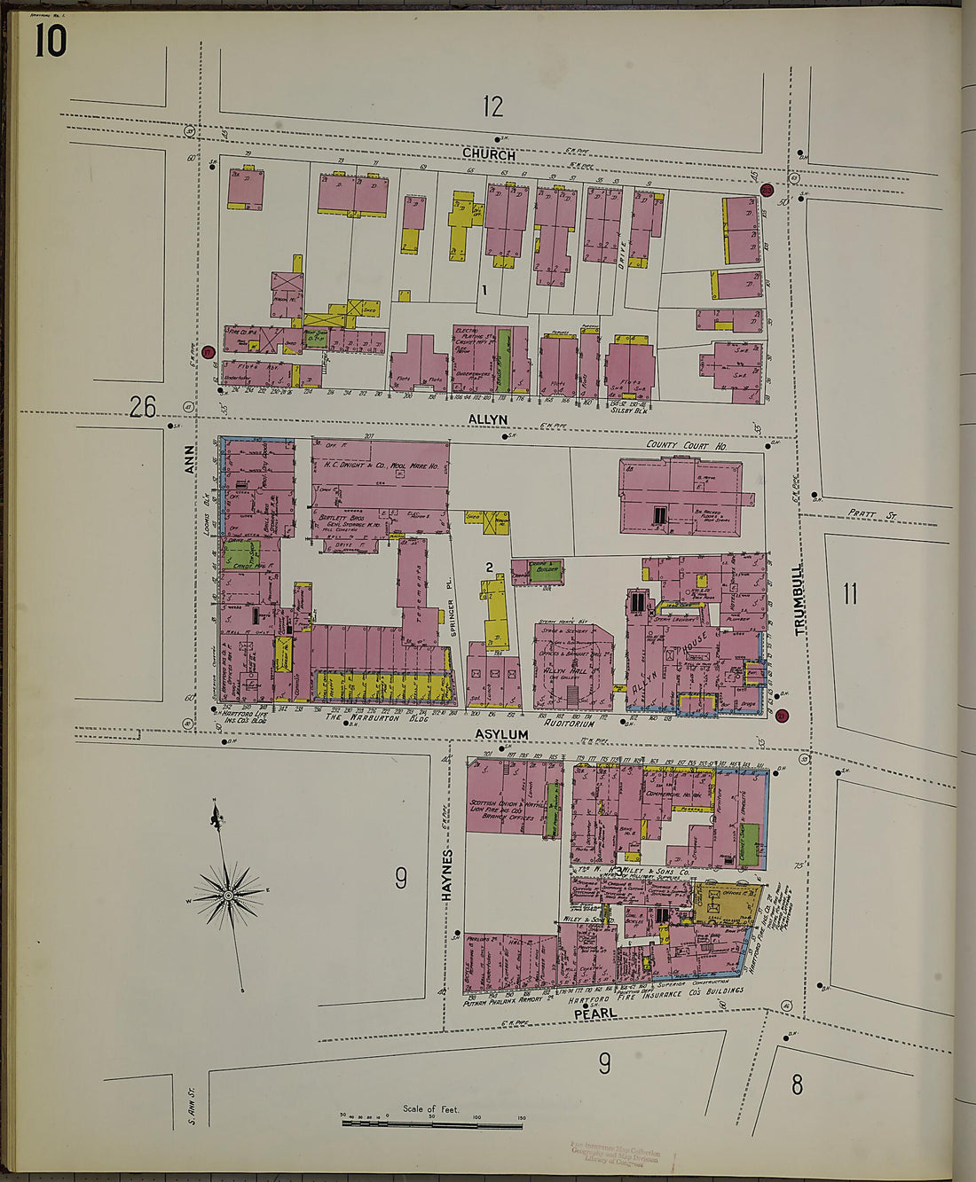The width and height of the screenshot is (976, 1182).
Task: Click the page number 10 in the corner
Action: click(51, 41)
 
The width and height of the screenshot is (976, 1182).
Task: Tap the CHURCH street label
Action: click(489, 153)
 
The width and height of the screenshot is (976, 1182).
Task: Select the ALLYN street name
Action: click(489, 419)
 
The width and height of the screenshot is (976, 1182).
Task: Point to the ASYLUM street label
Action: click(501, 734)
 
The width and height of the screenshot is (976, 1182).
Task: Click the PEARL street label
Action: click(594, 1013)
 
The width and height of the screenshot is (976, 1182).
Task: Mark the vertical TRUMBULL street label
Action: click(800, 600)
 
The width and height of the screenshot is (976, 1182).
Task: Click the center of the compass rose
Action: click(229, 896)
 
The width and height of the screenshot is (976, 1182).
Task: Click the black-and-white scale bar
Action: click(432, 1124)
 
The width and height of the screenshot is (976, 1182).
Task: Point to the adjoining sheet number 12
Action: click(492, 107)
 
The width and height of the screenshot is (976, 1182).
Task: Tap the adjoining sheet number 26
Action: click(142, 407)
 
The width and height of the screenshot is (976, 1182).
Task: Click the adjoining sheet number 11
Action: click(850, 593)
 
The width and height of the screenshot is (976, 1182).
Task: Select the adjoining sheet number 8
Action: click(797, 1084)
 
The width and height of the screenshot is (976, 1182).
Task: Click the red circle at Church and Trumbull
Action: click(767, 190)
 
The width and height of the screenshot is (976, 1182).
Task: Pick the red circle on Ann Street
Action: click(209, 353)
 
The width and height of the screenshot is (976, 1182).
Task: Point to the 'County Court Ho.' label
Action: click(686, 445)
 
